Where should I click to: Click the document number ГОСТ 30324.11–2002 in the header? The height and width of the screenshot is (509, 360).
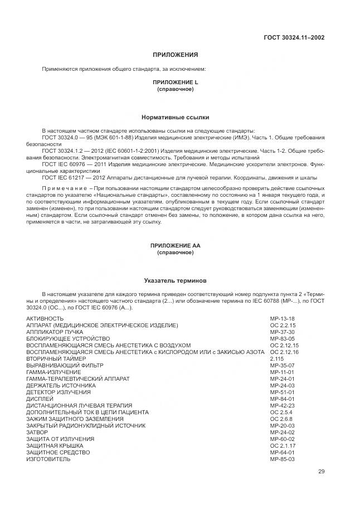(294, 38)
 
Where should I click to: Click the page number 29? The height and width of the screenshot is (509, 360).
(321, 472)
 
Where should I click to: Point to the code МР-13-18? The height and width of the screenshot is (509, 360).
(282, 318)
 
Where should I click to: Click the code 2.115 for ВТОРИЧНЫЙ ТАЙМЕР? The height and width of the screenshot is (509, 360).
(276, 358)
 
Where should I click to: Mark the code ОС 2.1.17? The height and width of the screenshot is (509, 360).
(283, 445)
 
